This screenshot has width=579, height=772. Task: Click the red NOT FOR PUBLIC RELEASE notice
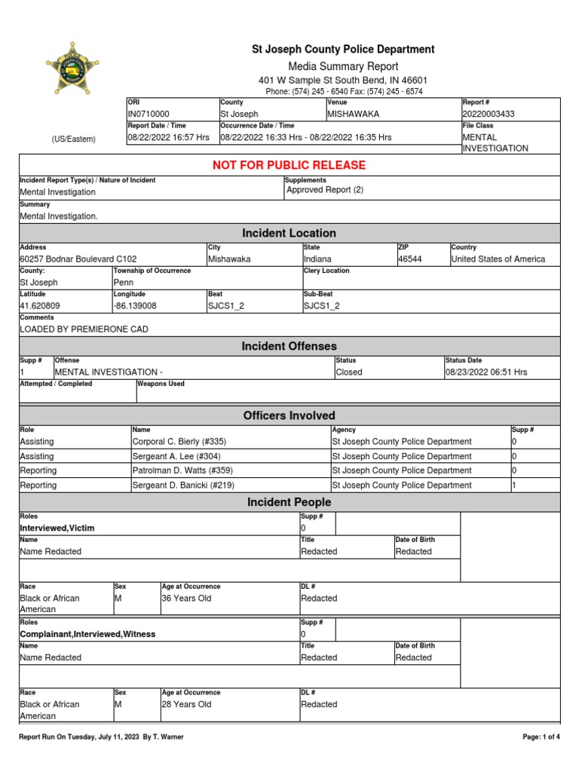[289, 165]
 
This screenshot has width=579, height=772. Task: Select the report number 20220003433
[489, 114]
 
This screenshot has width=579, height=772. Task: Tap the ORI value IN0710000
[149, 114]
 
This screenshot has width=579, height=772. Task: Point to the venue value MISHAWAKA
[354, 114]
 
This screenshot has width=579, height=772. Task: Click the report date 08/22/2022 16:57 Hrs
[168, 138]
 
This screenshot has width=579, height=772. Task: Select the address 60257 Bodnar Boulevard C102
[78, 259]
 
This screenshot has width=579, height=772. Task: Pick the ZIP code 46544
[410, 259]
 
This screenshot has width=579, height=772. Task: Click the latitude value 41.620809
[40, 306]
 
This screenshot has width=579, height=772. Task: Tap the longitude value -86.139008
[135, 306]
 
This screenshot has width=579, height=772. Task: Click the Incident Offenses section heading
[289, 346]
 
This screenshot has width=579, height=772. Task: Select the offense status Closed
[349, 372]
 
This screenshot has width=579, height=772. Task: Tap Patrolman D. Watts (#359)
[181, 470]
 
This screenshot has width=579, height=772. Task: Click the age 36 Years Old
[186, 599]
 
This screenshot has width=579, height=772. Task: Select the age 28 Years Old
[186, 705]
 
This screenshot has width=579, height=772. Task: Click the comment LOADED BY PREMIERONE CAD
[84, 329]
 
